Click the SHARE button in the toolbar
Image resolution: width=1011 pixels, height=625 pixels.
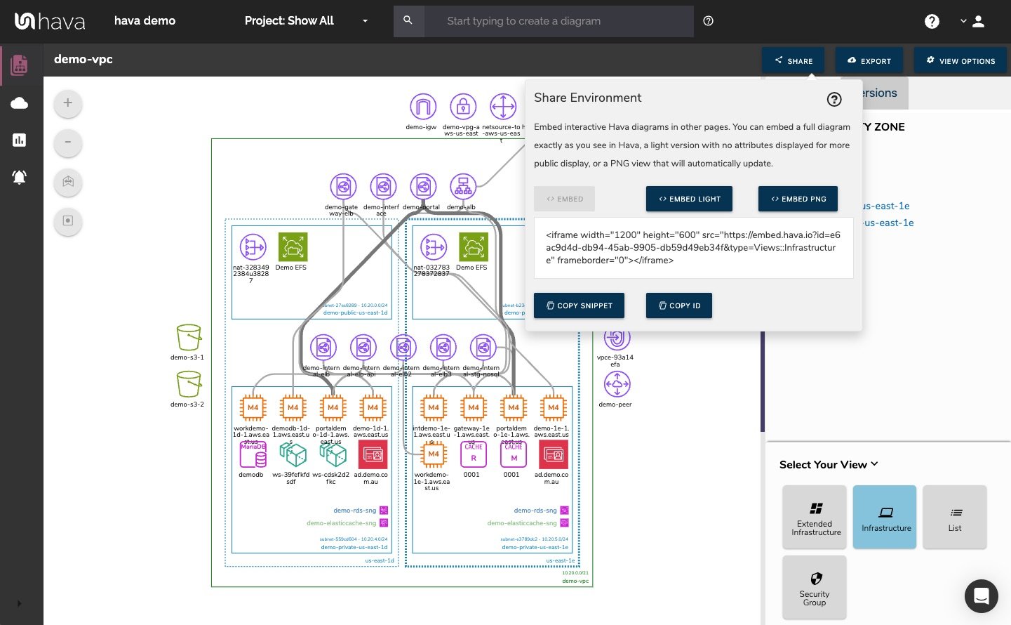pyautogui.click(x=794, y=61)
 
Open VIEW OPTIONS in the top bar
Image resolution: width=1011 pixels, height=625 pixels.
pyautogui.click(x=960, y=61)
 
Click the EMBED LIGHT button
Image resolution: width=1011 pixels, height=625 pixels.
pyautogui.click(x=689, y=199)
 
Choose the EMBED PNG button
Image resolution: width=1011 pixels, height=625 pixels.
pyautogui.click(x=798, y=199)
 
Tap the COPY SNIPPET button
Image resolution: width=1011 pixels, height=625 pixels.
pyautogui.click(x=579, y=305)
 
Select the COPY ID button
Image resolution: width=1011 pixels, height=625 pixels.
pyautogui.click(x=678, y=305)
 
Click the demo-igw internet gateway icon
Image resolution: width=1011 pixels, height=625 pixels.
pyautogui.click(x=422, y=107)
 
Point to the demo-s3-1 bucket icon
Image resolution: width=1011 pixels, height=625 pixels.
pyautogui.click(x=189, y=338)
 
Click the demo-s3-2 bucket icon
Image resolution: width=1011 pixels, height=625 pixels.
pyautogui.click(x=189, y=385)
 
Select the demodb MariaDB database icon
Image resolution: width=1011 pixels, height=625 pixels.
pyautogui.click(x=253, y=455)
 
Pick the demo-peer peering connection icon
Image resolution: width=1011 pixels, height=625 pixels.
pyautogui.click(x=617, y=384)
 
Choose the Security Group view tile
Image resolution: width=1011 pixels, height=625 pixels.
pyautogui.click(x=814, y=587)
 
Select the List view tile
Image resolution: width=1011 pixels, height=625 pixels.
pyautogui.click(x=954, y=517)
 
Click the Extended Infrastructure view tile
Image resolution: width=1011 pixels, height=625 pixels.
pyautogui.click(x=814, y=517)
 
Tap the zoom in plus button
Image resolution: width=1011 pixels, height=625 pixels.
pyautogui.click(x=68, y=103)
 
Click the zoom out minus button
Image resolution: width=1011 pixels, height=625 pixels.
pyautogui.click(x=68, y=143)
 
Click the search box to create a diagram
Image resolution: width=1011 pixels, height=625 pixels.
pyautogui.click(x=558, y=21)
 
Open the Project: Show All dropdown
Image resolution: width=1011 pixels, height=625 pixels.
pyautogui.click(x=306, y=21)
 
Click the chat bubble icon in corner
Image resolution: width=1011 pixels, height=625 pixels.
pyautogui.click(x=981, y=596)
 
